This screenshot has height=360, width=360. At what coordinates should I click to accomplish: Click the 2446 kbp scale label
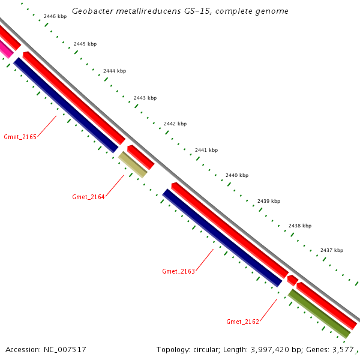55,17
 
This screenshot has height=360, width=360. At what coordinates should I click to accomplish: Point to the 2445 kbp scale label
85,44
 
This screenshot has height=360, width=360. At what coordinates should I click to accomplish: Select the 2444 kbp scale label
115,71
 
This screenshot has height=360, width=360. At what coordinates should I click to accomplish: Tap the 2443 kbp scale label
145,98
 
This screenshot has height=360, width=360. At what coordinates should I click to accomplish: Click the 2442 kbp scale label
175,124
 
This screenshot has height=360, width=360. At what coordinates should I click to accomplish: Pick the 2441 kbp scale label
206,150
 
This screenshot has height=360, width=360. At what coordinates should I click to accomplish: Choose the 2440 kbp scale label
236,175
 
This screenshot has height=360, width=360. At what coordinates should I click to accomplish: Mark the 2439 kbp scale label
268,201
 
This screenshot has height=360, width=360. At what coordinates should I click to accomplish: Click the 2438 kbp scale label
299,226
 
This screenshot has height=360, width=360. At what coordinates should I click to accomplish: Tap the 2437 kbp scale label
331,250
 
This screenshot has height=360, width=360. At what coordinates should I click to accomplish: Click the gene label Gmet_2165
20,137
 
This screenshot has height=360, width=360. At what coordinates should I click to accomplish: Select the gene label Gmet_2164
88,197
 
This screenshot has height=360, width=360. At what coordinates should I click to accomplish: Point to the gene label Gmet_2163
178,271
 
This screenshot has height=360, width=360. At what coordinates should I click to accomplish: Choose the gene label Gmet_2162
242,322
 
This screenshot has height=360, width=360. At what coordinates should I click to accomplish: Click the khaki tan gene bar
133,164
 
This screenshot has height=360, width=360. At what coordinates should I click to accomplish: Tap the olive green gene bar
319,313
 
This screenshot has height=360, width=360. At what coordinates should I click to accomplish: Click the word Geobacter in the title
91,11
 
